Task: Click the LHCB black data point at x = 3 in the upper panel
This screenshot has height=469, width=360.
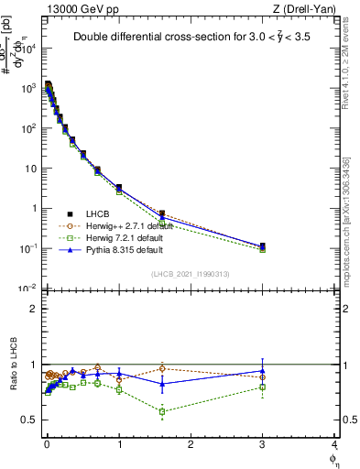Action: click(263, 246)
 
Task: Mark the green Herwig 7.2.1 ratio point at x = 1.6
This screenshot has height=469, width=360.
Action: click(162, 412)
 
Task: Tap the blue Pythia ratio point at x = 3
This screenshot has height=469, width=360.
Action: click(263, 371)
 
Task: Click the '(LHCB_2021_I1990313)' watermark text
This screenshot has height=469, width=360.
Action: click(191, 274)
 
